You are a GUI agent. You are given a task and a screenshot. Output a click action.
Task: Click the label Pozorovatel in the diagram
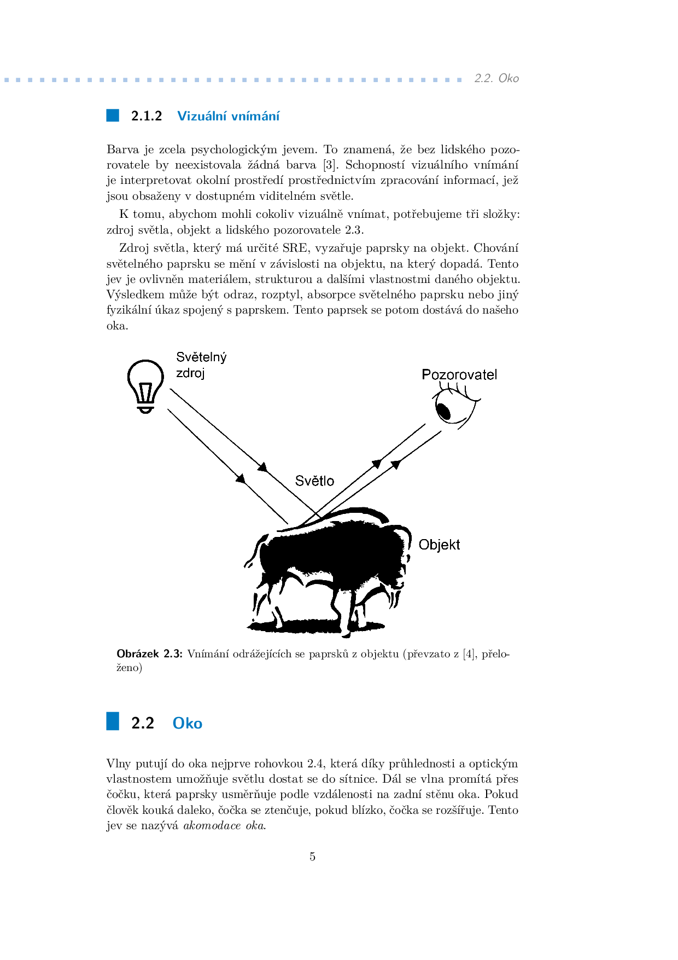459,375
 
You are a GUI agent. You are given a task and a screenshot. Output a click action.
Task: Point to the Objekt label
439,545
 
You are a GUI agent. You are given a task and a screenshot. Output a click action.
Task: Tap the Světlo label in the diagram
314,481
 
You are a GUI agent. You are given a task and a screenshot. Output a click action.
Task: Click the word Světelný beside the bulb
201,357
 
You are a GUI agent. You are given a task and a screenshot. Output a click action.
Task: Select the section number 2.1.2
147,116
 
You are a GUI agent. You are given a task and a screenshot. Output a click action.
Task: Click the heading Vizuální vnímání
228,116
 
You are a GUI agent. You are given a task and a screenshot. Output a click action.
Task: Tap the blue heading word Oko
187,723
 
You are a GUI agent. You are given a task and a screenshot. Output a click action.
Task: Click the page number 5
312,857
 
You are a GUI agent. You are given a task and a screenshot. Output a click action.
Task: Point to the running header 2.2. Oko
496,78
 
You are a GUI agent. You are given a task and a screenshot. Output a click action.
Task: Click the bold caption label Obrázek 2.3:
149,654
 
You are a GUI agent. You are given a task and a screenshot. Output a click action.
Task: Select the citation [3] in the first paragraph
329,165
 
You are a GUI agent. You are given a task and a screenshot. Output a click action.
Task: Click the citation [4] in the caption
469,654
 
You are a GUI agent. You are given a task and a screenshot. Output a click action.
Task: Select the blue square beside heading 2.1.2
113,115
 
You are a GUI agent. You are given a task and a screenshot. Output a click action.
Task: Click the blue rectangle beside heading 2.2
113,721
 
